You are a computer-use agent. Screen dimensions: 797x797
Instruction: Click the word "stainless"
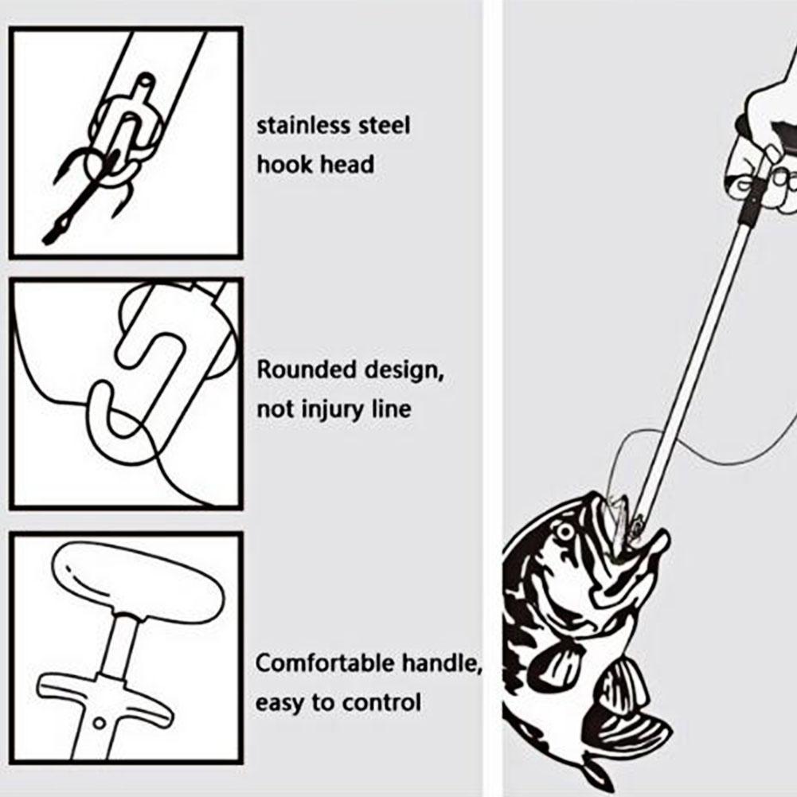click(x=303, y=126)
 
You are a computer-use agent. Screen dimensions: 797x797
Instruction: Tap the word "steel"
click(x=385, y=126)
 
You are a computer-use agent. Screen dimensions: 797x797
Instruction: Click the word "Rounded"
click(x=307, y=369)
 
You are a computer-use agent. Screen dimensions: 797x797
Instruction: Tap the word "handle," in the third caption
click(x=442, y=664)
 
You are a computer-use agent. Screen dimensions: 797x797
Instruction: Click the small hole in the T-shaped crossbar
click(x=100, y=722)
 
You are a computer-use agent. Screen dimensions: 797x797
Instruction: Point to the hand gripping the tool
click(x=763, y=147)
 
